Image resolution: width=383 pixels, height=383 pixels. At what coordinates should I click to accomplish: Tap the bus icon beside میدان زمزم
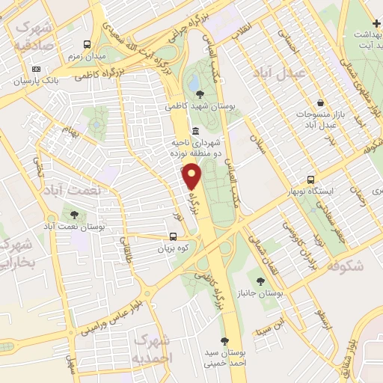(x=87, y=45)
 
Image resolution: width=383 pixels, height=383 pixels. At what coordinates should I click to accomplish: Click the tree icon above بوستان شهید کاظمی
(x=200, y=94)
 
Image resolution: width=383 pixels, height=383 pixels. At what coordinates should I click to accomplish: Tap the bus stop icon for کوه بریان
(x=173, y=237)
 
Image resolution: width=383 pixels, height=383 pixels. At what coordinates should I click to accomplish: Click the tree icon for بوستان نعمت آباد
(x=72, y=215)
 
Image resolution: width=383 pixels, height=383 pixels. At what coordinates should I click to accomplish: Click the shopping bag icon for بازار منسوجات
(x=320, y=102)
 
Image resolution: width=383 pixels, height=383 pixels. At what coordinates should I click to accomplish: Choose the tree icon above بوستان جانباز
(x=260, y=281)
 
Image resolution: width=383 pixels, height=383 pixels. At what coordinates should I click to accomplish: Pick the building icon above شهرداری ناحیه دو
(x=195, y=132)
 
